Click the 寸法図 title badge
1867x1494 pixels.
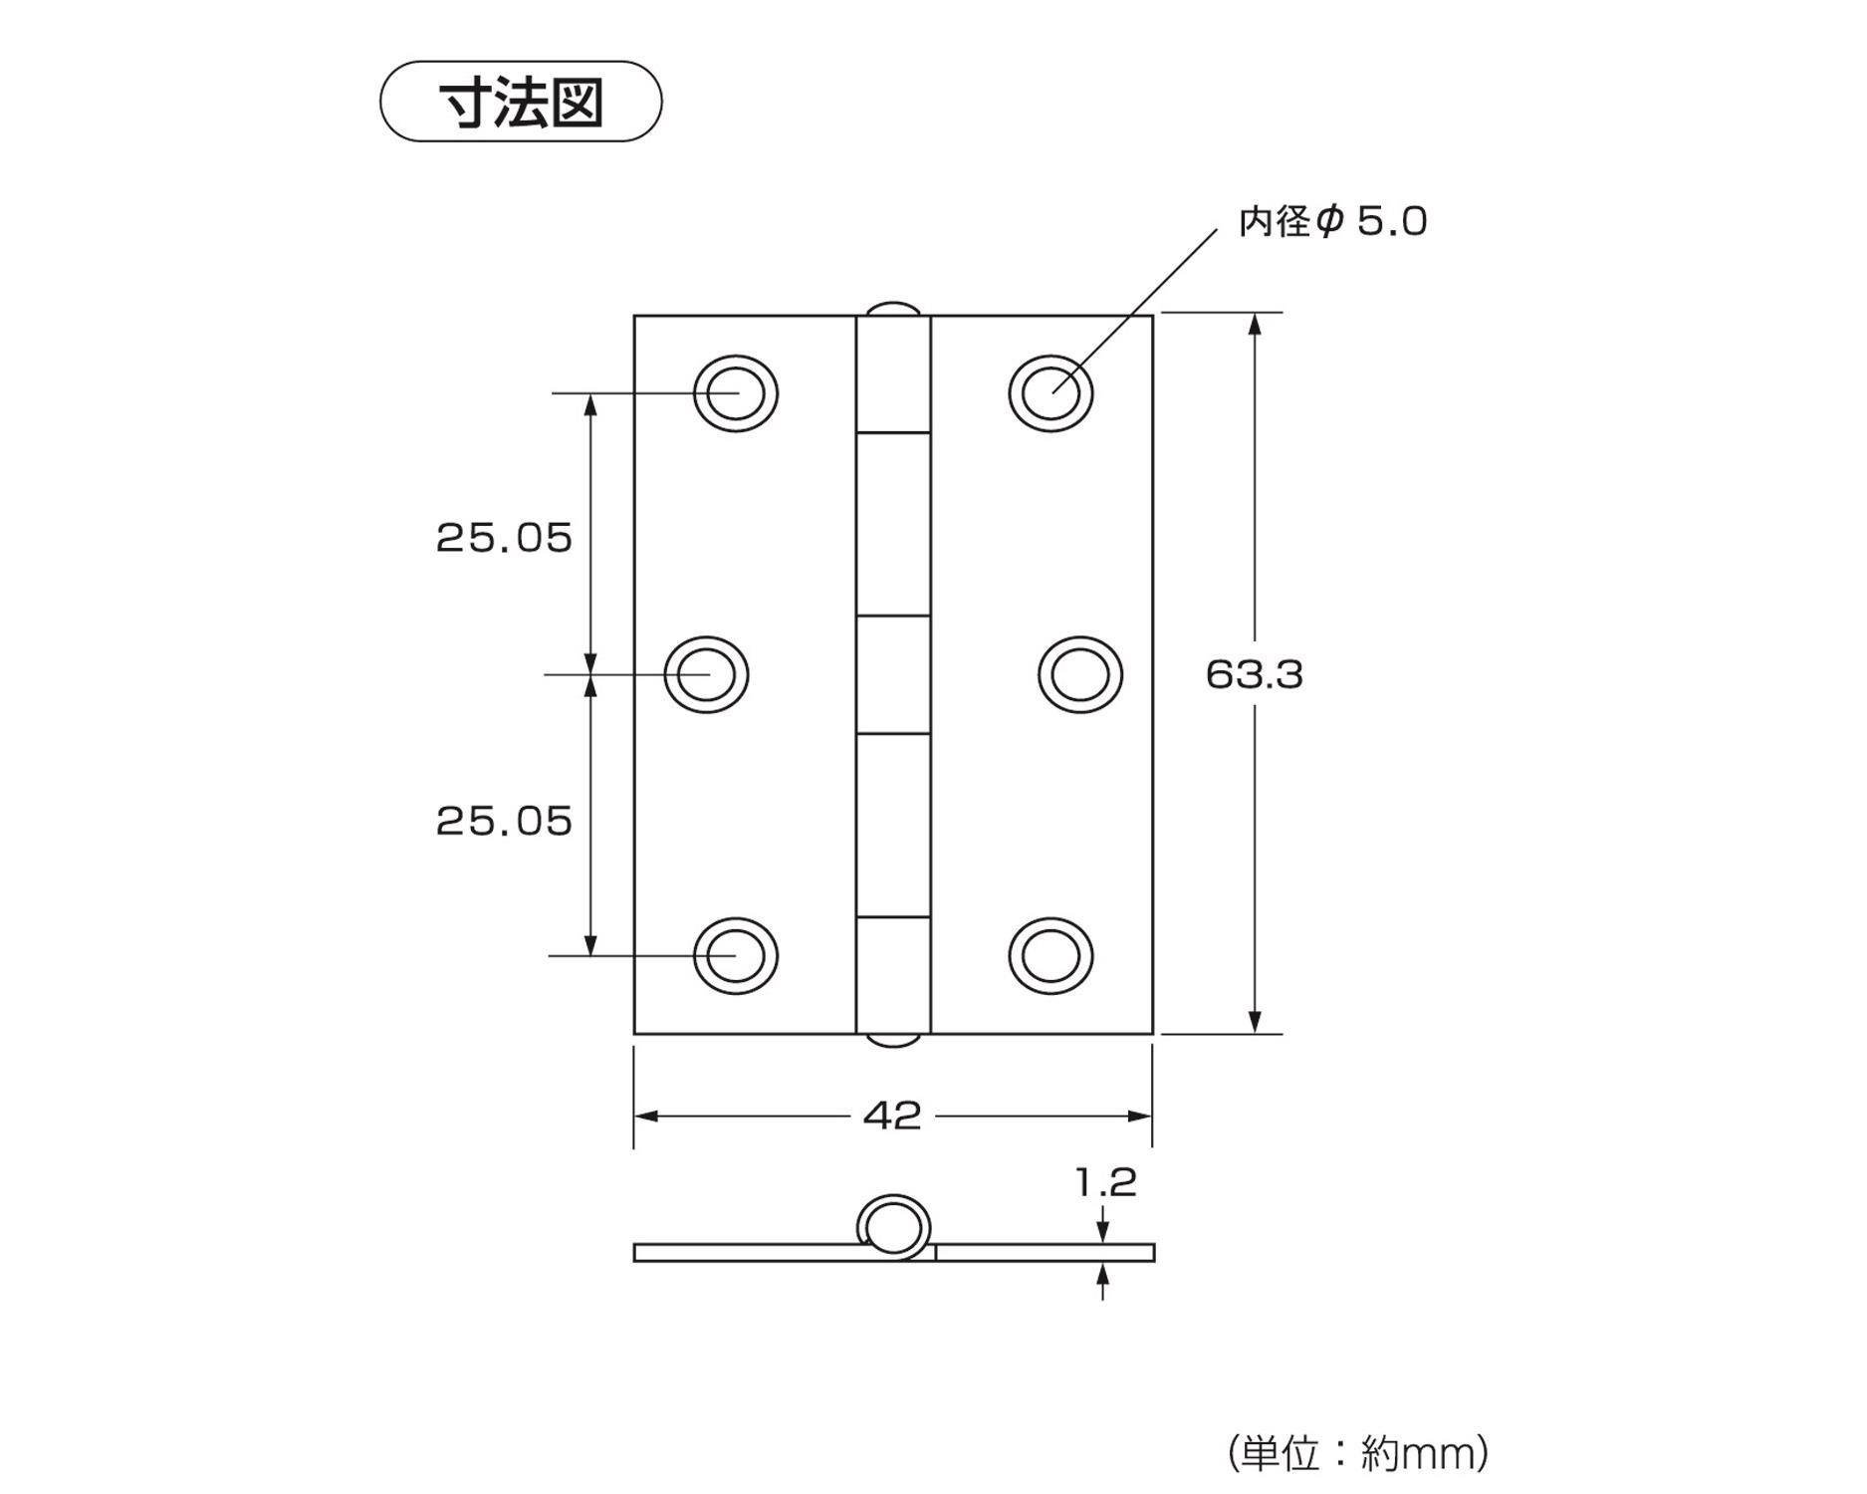click(x=521, y=102)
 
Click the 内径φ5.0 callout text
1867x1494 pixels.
click(x=1332, y=221)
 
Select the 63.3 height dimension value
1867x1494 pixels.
click(x=1254, y=675)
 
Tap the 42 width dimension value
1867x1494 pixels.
click(x=892, y=1117)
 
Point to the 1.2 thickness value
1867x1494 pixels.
click(x=1105, y=1183)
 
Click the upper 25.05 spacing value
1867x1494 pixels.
click(x=504, y=539)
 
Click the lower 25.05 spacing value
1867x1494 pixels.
click(x=504, y=822)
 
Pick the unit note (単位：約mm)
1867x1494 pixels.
click(x=1358, y=1453)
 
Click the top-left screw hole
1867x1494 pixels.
click(x=736, y=393)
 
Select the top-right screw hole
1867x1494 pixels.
click(x=1050, y=393)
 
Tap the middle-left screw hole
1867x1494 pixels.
click(x=706, y=675)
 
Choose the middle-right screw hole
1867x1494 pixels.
click(x=1080, y=675)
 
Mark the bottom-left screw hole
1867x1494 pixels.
click(x=736, y=956)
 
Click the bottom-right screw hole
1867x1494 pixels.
click(x=1050, y=956)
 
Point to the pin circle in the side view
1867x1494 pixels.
click(x=893, y=1225)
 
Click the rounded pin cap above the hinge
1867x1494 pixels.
click(x=893, y=308)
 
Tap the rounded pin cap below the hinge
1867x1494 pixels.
click(x=893, y=1041)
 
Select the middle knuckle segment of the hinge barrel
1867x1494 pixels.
click(x=893, y=675)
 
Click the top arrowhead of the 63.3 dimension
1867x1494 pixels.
click(x=1255, y=325)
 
